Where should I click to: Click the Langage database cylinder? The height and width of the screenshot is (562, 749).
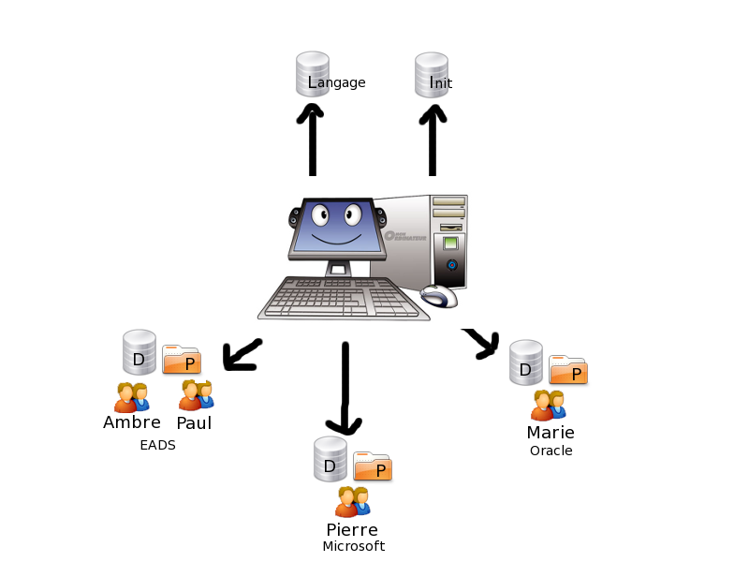313,74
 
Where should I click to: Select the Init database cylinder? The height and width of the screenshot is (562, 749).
431,74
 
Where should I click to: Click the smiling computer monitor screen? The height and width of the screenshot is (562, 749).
338,229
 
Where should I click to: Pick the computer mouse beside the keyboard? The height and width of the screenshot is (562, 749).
439,297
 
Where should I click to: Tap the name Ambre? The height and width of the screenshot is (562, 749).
132,422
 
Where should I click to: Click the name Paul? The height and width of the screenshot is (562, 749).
194,423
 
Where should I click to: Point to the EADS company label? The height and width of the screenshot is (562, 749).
157,446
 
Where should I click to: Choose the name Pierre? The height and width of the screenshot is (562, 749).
352,530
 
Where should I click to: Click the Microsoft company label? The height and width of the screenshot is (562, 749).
353,546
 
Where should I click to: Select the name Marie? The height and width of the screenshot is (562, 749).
551,433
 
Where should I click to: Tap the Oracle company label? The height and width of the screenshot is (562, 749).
551,451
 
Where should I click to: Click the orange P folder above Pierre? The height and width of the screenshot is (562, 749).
373,466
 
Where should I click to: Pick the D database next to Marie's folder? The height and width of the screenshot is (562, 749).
526,362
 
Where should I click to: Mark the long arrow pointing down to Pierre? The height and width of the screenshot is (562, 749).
345,388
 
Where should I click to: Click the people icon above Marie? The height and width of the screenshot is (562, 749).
549,405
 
